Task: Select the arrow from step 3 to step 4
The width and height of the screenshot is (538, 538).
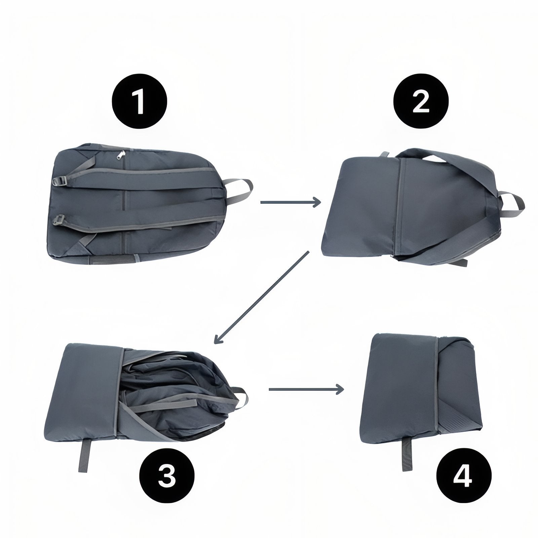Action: coord(306,389)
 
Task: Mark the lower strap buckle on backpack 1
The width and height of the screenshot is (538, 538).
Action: coord(60,221)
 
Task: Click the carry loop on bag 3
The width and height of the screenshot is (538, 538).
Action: coord(239,397)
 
